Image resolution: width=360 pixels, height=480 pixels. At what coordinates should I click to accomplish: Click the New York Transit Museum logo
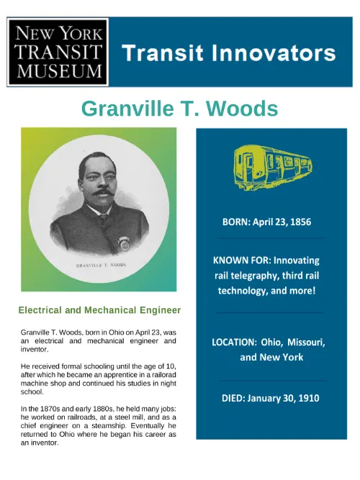[58, 52]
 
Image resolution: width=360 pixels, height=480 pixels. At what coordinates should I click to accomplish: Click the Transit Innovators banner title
[228, 53]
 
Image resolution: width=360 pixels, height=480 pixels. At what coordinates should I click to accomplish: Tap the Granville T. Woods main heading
[179, 109]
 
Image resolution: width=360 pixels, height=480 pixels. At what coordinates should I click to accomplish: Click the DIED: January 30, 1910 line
[270, 397]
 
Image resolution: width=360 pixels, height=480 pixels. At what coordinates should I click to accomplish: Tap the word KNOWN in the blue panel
[233, 260]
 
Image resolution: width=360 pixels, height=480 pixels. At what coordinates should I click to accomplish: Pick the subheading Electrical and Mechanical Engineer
[99, 310]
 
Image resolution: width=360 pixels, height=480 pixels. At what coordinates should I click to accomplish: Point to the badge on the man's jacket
[125, 245]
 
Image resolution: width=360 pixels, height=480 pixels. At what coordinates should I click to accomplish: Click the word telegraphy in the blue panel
[250, 276]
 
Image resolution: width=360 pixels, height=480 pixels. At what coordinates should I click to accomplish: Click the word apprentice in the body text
[122, 375]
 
